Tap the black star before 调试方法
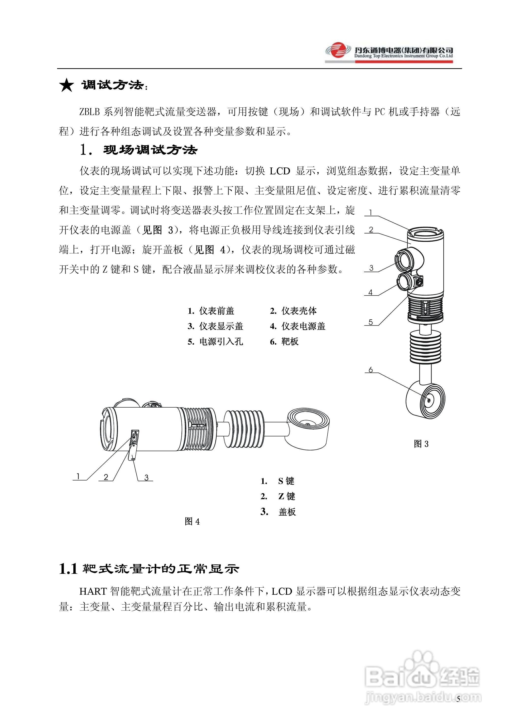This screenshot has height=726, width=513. [x=66, y=85]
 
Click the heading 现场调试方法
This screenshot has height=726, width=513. [x=150, y=150]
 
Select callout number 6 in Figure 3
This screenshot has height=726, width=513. [x=371, y=370]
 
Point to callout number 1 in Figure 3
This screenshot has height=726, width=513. [x=371, y=213]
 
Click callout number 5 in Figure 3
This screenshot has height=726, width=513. [x=371, y=322]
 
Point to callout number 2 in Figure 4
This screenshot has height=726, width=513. [x=106, y=477]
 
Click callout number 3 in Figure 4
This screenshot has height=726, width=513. [x=146, y=478]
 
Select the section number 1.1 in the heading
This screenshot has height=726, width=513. [x=68, y=569]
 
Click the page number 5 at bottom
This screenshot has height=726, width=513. [x=458, y=699]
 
